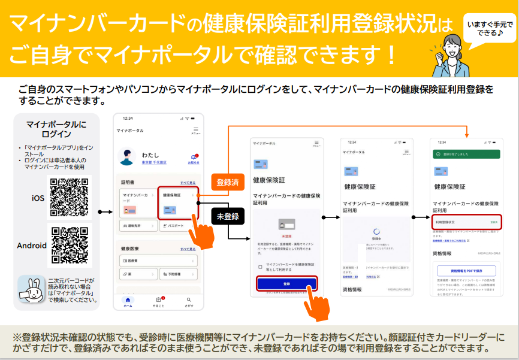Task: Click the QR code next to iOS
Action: pyautogui.click(x=69, y=198)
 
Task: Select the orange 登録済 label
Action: pyautogui.click(x=227, y=182)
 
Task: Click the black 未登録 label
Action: pyautogui.click(x=227, y=216)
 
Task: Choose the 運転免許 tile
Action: pyautogui.click(x=137, y=226)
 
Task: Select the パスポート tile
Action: pyautogui.click(x=178, y=226)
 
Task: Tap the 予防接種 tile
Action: pyautogui.click(x=178, y=274)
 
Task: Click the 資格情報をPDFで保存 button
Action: pyautogui.click(x=466, y=270)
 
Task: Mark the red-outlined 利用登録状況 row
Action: pyautogui.click(x=466, y=222)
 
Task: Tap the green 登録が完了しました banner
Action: pyautogui.click(x=466, y=154)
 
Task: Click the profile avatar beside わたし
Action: pyautogui.click(x=128, y=157)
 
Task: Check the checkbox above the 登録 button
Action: pyautogui.click(x=259, y=267)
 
